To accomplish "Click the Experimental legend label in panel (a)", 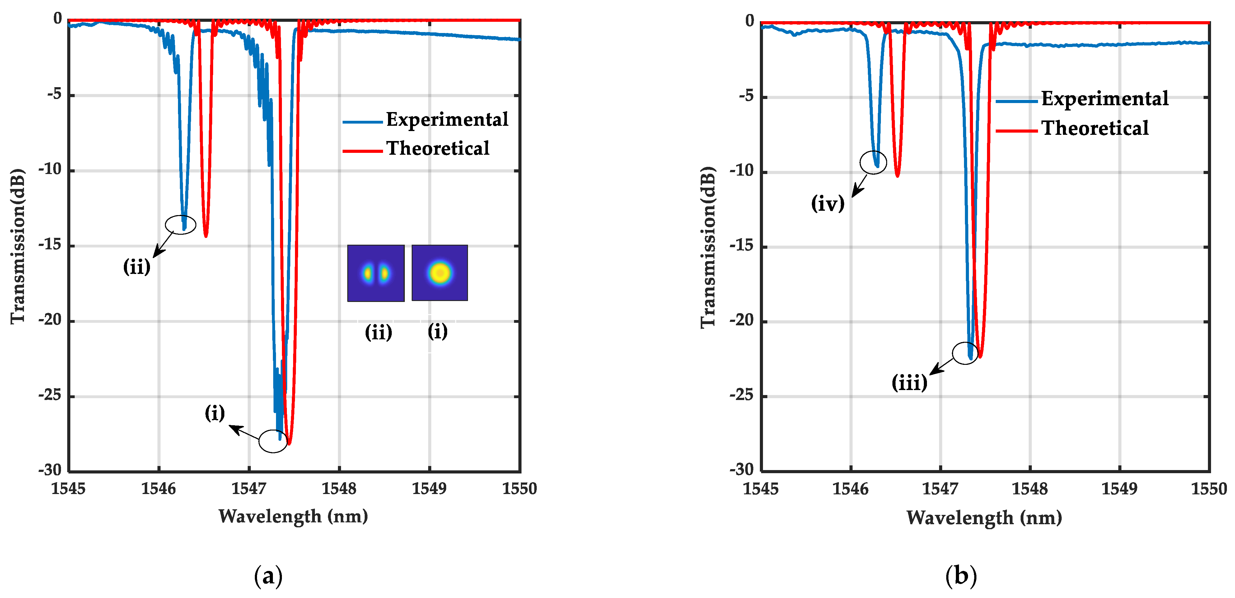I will click(447, 120).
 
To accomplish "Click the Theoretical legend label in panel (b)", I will click(1095, 128).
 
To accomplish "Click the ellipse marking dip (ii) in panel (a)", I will click(181, 224).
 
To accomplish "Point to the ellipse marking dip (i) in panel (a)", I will click(273, 441).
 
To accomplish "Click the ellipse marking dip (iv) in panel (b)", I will click(873, 162).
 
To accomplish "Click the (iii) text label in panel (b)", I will click(909, 383).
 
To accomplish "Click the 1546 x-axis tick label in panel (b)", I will click(850, 489).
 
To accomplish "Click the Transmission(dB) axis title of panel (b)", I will click(708, 247).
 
